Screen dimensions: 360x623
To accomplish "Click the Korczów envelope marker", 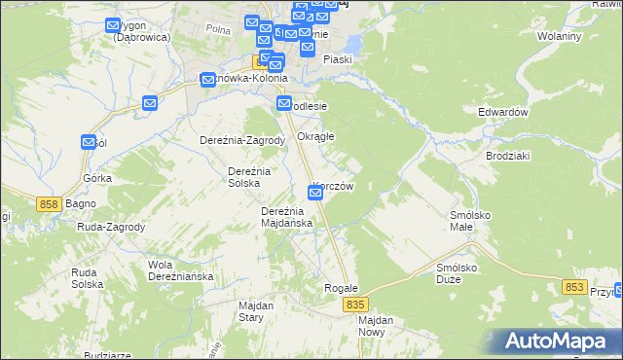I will click(x=315, y=194).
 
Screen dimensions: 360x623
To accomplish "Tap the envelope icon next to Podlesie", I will click(x=284, y=104).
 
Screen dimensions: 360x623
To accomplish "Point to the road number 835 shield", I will click(x=356, y=306).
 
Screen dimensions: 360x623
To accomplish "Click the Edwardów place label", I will click(x=502, y=112).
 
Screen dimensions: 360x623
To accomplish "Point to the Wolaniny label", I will click(x=559, y=37).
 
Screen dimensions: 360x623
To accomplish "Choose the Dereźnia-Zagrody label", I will click(x=242, y=139).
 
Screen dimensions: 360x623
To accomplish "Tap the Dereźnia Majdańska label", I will click(x=287, y=217).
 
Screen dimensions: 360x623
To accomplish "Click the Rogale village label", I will click(x=342, y=289).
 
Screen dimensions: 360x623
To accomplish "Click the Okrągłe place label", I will click(x=315, y=136).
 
